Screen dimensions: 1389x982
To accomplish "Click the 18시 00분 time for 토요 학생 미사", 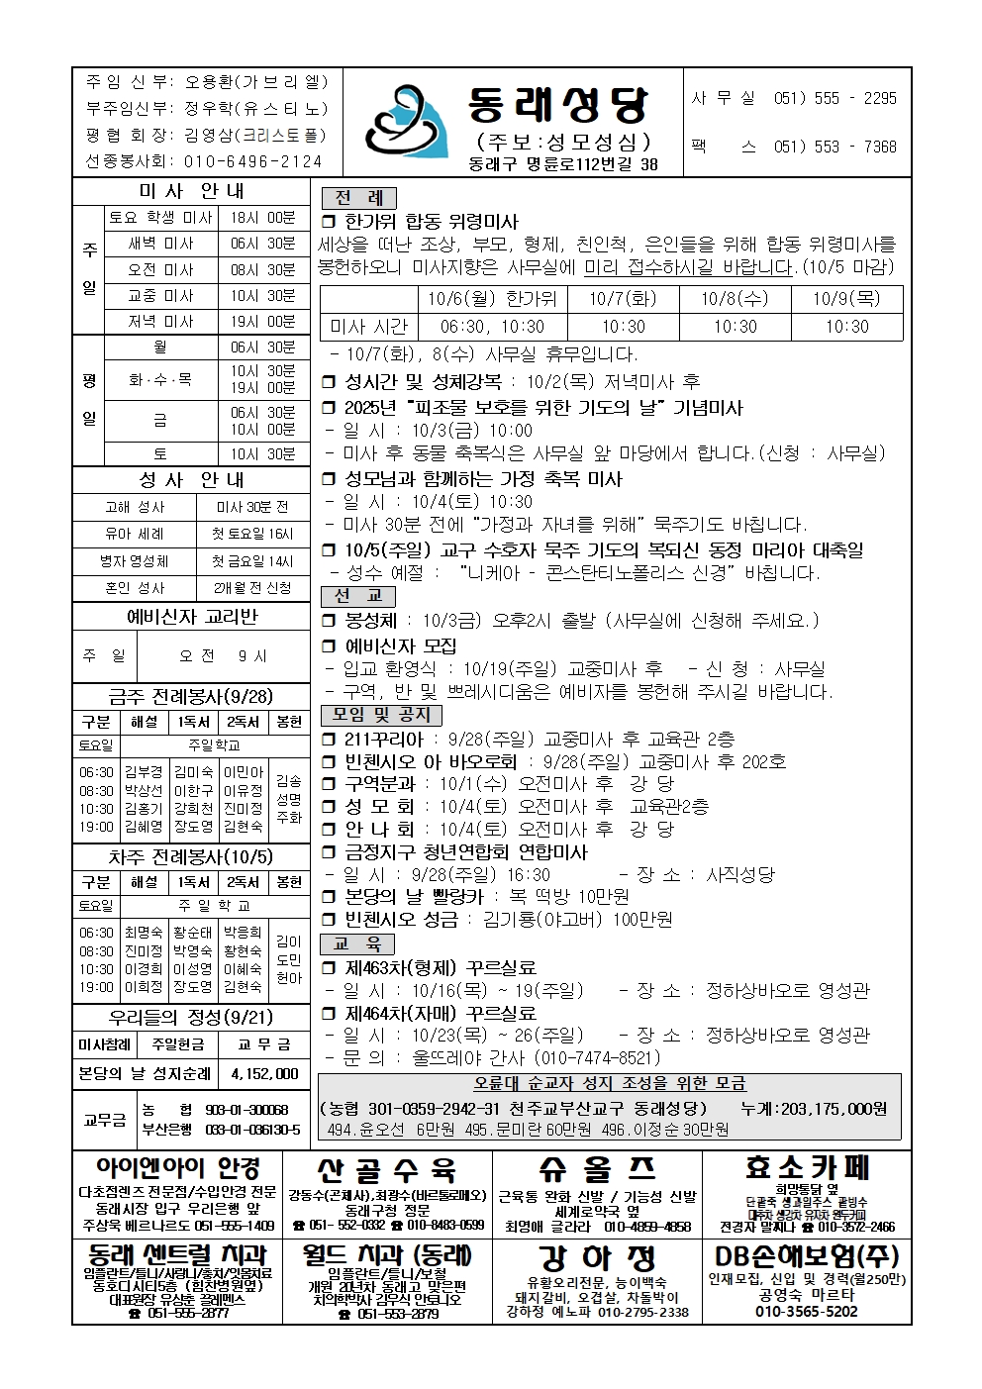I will tap(262, 218).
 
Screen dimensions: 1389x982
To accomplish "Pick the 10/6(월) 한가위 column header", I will tap(492, 299).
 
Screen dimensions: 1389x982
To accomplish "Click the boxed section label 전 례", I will tap(357, 197).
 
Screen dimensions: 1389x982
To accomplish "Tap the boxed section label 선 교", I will tap(357, 596).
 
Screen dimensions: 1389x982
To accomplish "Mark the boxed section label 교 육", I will tap(357, 943).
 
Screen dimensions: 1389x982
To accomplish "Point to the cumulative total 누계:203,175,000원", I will tap(814, 1109).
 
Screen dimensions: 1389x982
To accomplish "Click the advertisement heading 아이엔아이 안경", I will tap(178, 1169).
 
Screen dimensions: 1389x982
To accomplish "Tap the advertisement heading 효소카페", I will tap(808, 1168).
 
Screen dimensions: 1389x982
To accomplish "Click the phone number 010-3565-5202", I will tap(807, 1312).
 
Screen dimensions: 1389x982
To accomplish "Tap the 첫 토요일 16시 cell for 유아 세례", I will tap(252, 534).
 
